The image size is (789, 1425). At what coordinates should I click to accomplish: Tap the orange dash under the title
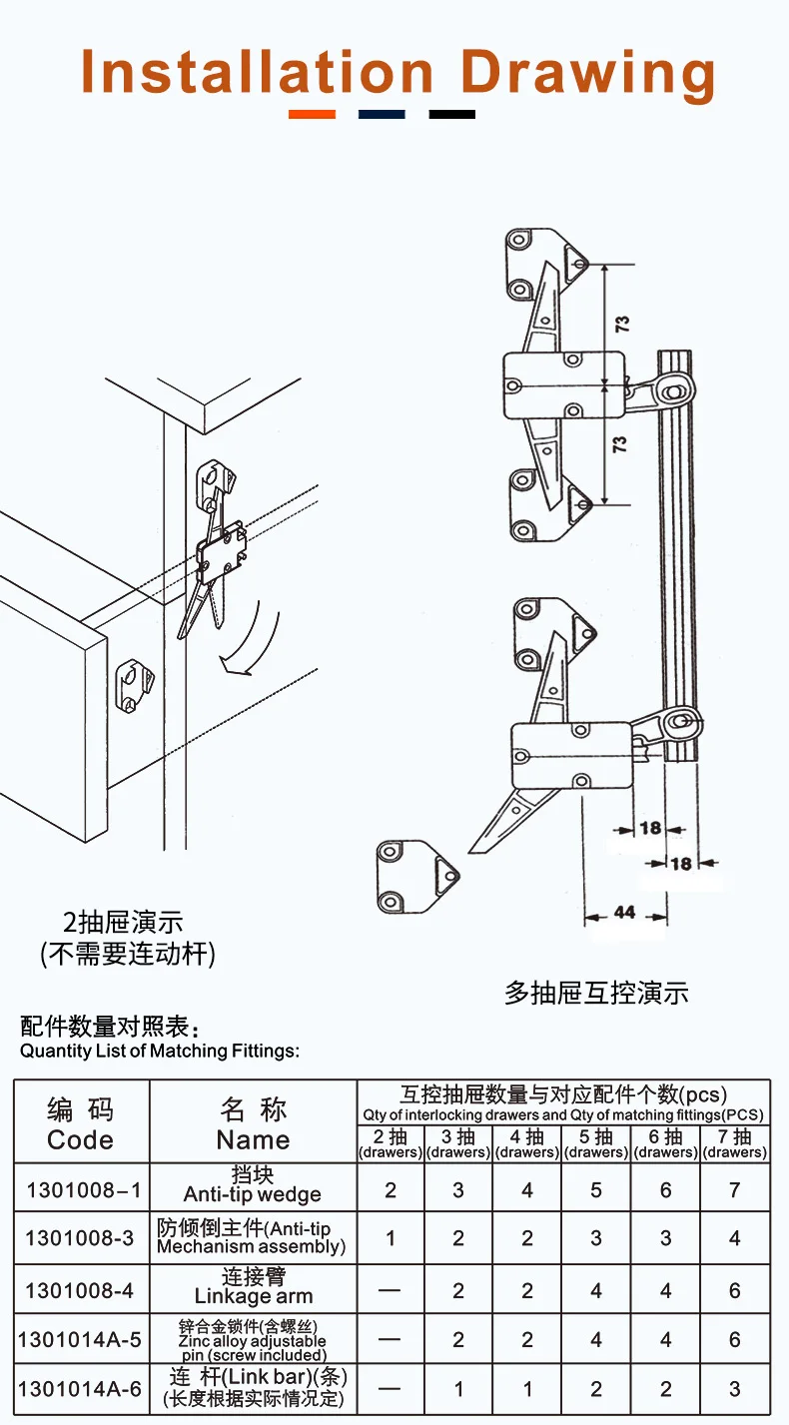[312, 114]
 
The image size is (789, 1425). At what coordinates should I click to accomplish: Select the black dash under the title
[451, 114]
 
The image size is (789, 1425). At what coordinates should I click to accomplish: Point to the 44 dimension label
[624, 912]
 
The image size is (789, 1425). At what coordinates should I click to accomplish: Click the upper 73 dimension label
[621, 324]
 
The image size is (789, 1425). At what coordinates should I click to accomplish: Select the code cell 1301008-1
[83, 1189]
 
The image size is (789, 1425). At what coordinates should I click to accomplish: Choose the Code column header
[81, 1124]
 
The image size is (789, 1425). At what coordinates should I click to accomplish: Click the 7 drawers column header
[734, 1143]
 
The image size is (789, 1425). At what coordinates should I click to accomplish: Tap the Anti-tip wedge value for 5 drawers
[596, 1189]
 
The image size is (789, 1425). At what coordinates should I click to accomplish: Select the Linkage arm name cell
[254, 1287]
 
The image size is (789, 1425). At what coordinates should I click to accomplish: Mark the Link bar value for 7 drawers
[734, 1389]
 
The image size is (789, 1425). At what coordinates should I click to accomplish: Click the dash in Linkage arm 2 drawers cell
[390, 1290]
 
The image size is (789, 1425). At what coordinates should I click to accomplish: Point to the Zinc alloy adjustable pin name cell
[254, 1340]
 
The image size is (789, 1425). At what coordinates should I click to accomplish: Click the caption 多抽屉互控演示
[596, 993]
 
